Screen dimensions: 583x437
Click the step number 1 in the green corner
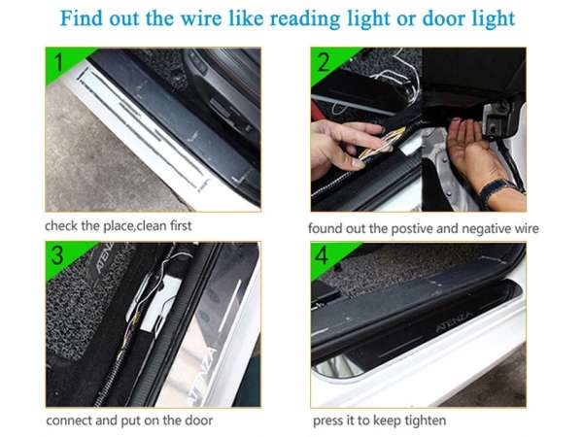[x=58, y=62]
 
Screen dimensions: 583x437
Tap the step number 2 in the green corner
[x=324, y=62]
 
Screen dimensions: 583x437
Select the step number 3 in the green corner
[x=57, y=255]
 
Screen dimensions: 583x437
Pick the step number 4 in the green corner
[x=322, y=255]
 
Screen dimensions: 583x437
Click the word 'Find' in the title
[x=82, y=17]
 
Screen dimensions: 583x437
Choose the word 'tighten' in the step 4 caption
[x=426, y=420]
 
